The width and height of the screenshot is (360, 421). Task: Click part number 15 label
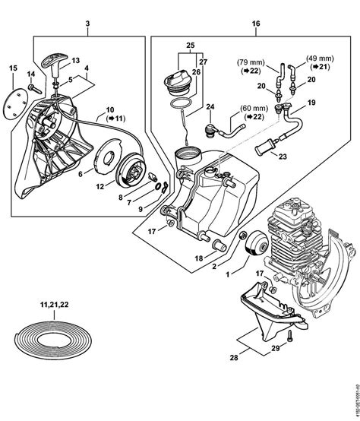[x=12, y=70]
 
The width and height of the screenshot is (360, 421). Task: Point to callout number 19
[x=311, y=101]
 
